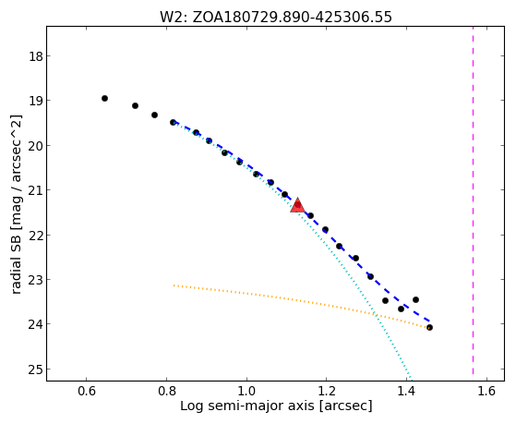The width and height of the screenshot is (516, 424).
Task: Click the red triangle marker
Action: (x=297, y=206)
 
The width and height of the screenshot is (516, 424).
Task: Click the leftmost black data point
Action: (x=104, y=98)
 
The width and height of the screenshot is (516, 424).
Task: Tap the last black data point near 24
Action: (x=429, y=328)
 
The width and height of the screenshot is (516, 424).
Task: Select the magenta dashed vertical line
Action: (x=473, y=200)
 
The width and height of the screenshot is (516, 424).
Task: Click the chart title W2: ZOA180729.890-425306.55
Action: (x=276, y=17)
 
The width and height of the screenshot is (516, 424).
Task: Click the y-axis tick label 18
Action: (x=36, y=56)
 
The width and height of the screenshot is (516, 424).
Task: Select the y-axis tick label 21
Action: (x=36, y=190)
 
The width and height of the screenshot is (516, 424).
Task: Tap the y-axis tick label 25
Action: (x=36, y=369)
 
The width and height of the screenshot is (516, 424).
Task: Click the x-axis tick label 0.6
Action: (x=86, y=391)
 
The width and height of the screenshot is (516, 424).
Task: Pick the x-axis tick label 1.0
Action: (x=246, y=391)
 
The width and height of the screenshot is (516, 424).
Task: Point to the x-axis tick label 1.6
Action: (x=486, y=391)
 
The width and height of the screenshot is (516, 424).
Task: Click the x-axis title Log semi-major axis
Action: (x=247, y=406)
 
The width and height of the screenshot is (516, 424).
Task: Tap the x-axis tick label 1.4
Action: (x=406, y=391)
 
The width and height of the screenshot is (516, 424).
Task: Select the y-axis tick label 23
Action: (x=36, y=280)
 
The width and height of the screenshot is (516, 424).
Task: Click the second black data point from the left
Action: (x=135, y=105)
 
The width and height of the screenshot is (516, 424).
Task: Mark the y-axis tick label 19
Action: (x=36, y=101)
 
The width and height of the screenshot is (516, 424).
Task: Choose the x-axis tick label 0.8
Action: (x=166, y=391)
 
